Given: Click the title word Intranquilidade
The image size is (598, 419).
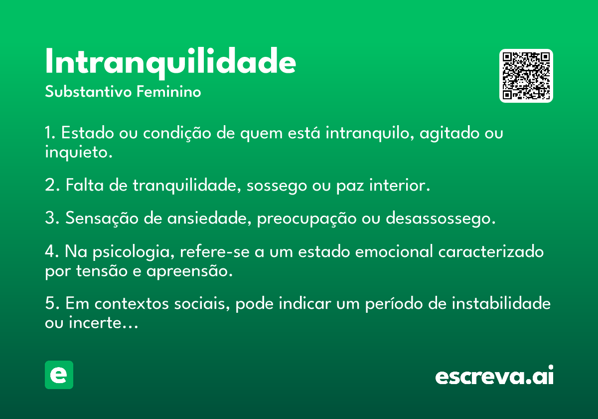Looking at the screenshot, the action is pyautogui.click(x=170, y=63).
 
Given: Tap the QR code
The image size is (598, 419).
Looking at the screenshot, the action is pyautogui.click(x=526, y=76).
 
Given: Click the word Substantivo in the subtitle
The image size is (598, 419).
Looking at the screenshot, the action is pyautogui.click(x=88, y=92).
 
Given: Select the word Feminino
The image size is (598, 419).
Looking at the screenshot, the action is pyautogui.click(x=169, y=92).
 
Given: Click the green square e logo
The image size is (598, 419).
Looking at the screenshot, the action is pyautogui.click(x=59, y=375).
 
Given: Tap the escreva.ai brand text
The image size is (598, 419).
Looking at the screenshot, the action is pyautogui.click(x=494, y=375).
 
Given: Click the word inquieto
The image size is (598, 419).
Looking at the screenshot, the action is pyautogui.click(x=79, y=152).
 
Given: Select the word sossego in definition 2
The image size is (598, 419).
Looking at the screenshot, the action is pyautogui.click(x=277, y=186).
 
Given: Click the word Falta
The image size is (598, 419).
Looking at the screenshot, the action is pyautogui.click(x=85, y=185).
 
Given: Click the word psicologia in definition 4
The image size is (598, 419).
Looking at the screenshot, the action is pyautogui.click(x=134, y=252).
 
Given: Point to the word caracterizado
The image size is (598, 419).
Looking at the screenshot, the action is pyautogui.click(x=491, y=251).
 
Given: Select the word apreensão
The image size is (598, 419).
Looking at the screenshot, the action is pyautogui.click(x=189, y=271).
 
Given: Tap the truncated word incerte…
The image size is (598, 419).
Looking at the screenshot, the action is pyautogui.click(x=104, y=323).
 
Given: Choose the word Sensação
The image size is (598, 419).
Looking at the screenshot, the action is pyautogui.click(x=102, y=218).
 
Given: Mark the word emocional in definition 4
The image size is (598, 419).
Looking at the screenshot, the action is pyautogui.click(x=394, y=251).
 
